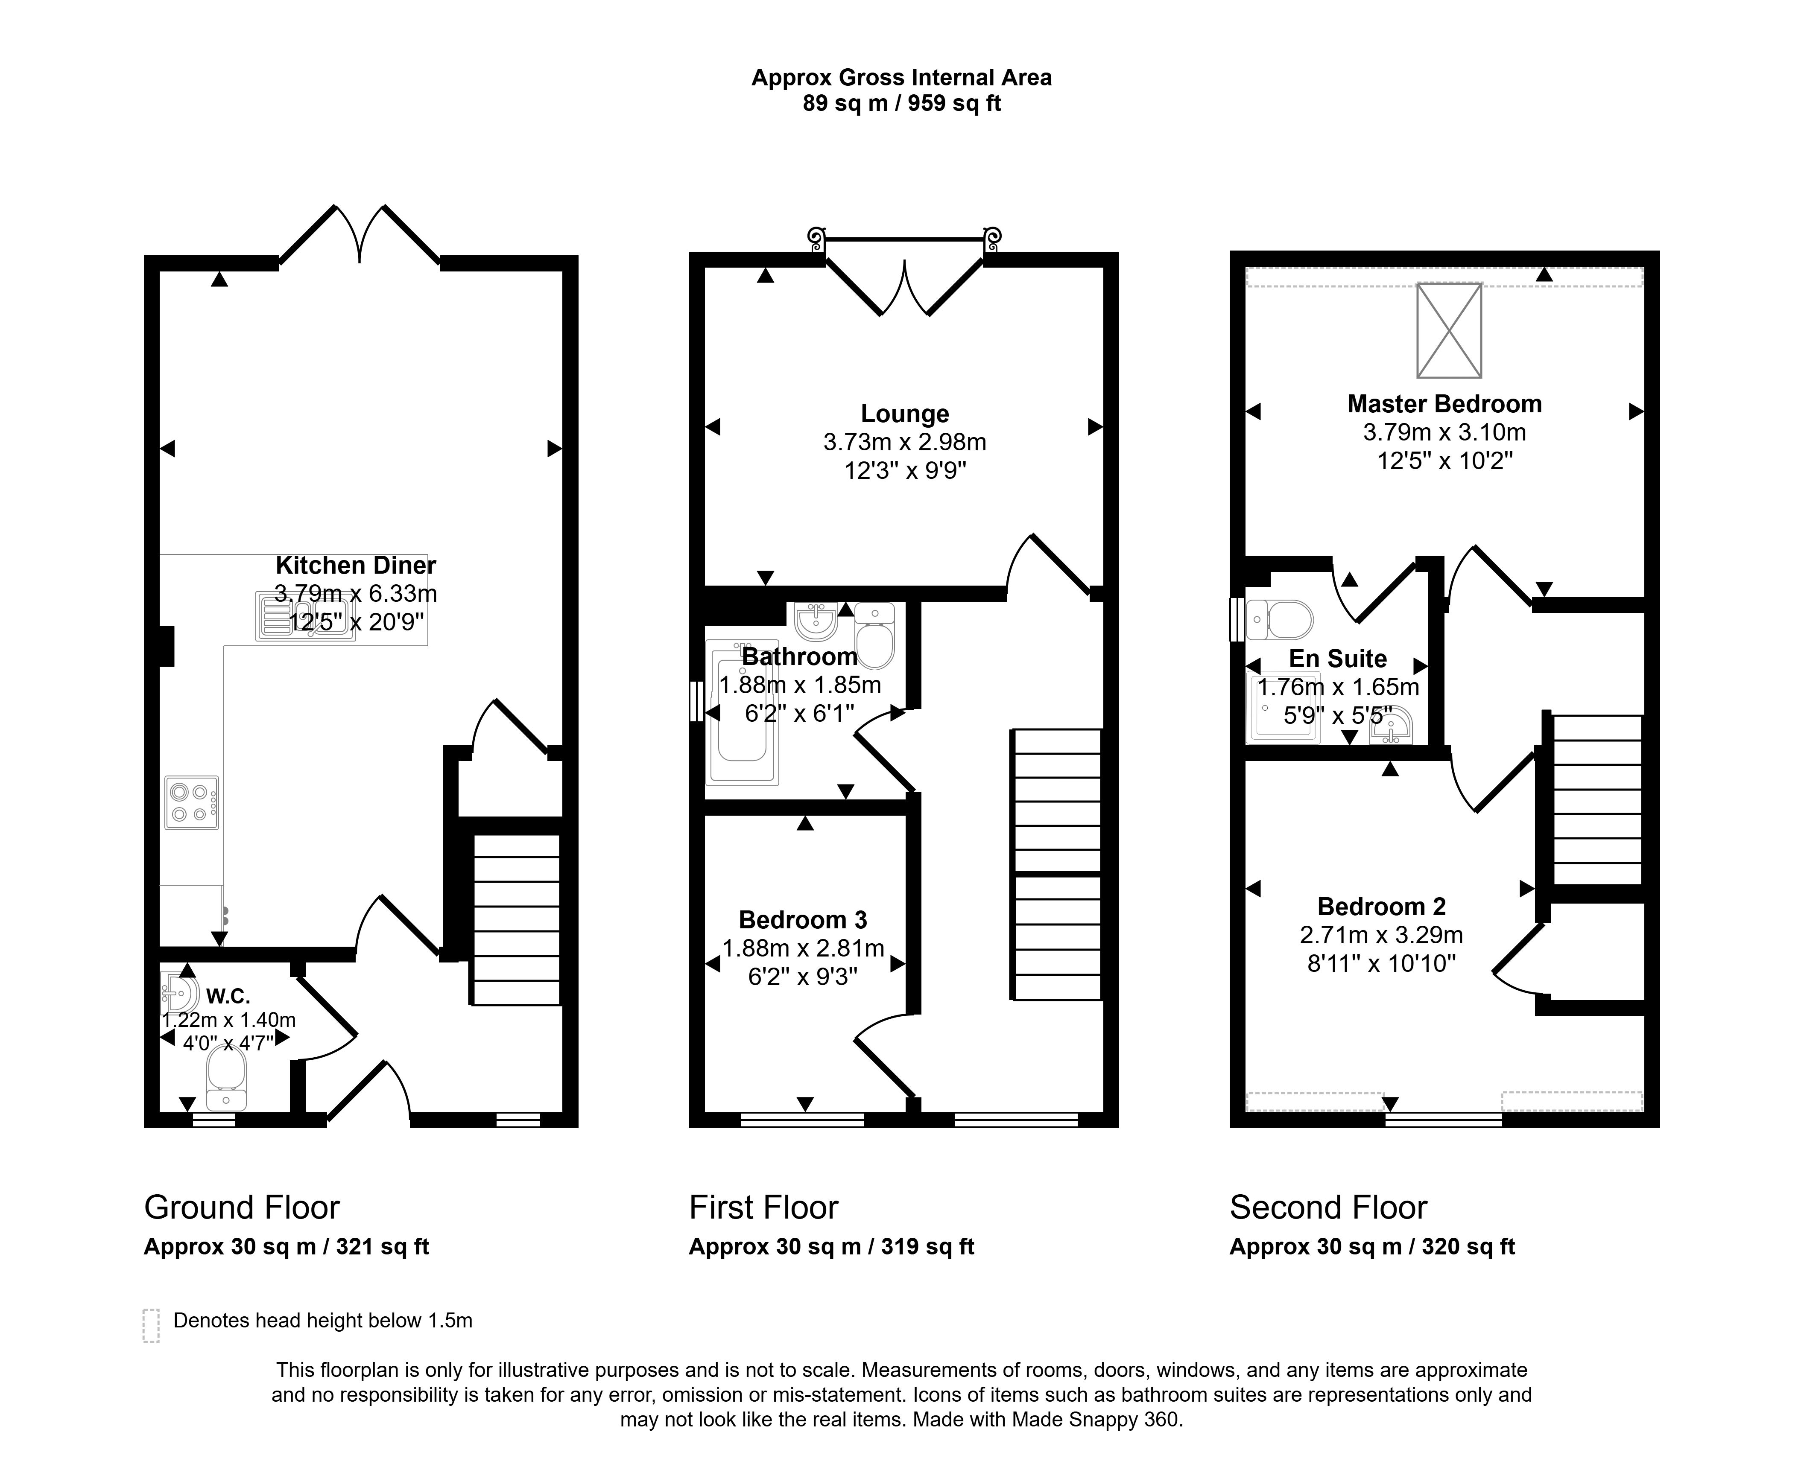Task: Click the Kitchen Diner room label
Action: [x=356, y=565]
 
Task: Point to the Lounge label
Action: [x=904, y=414]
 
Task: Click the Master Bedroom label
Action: [x=1444, y=404]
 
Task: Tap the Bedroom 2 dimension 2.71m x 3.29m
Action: [x=1381, y=935]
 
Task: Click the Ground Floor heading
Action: [x=242, y=1207]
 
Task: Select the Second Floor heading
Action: [x=1328, y=1207]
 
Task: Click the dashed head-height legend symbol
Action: [x=151, y=1325]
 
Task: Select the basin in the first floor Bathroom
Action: [x=816, y=621]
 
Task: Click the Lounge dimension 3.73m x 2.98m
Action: [x=904, y=442]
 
